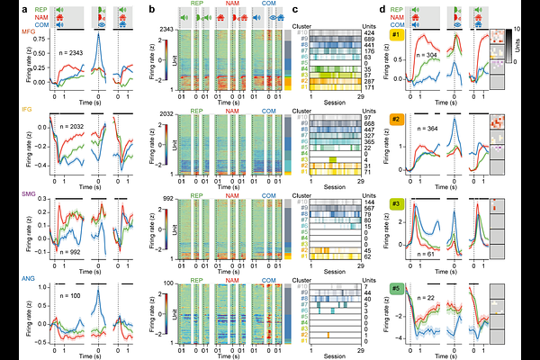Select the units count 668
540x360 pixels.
[368, 126]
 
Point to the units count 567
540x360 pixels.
[368, 209]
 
